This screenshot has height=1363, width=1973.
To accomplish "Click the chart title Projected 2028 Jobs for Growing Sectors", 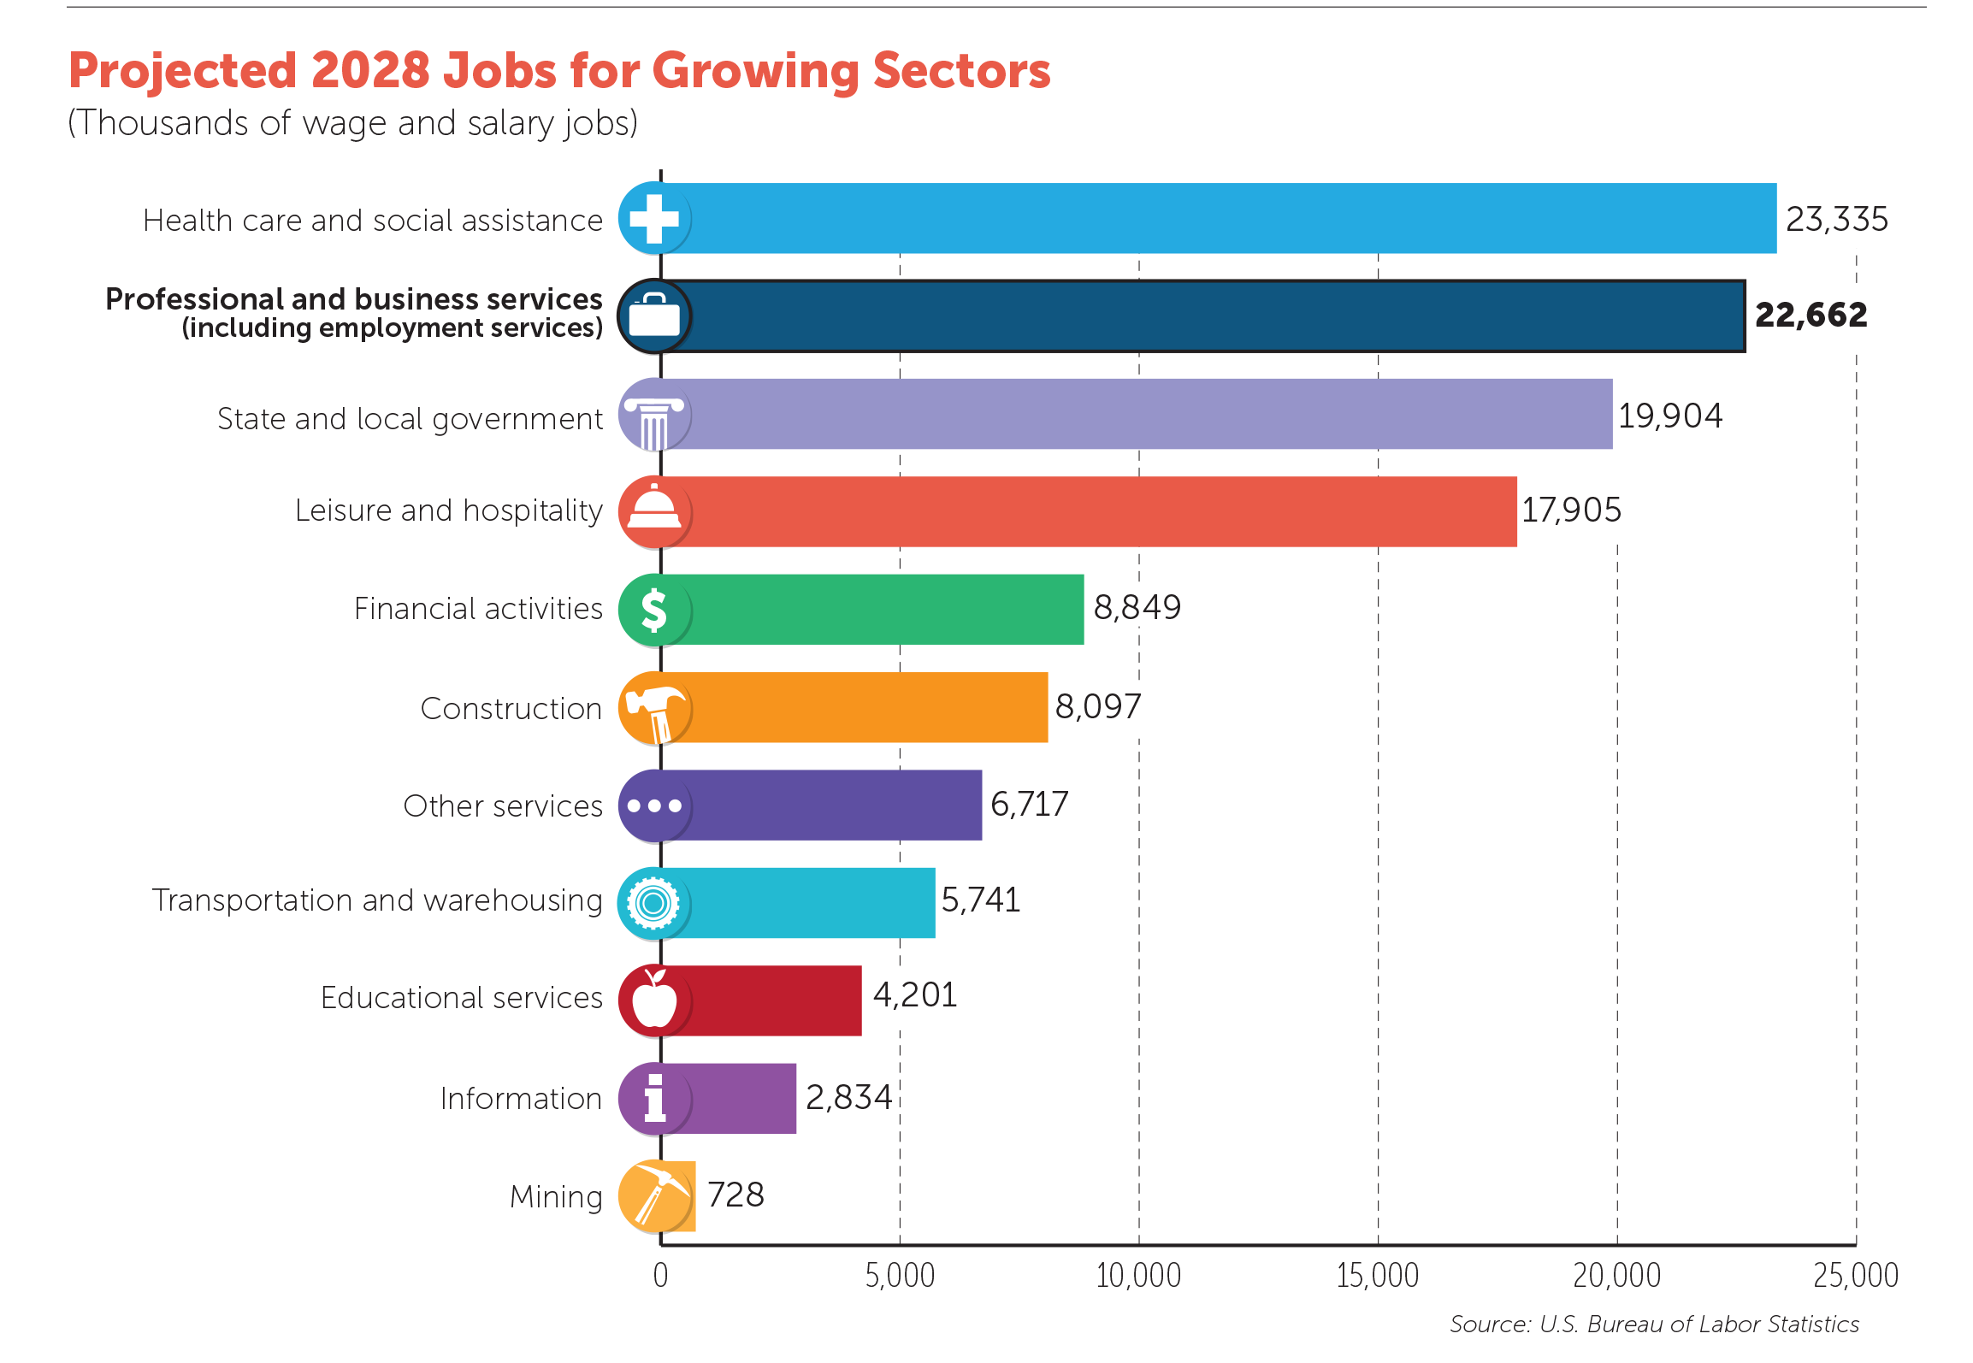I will tap(559, 70).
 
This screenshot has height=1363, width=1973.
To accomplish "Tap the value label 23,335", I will tap(1836, 220).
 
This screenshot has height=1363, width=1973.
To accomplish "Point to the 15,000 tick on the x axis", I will tap(1377, 1275).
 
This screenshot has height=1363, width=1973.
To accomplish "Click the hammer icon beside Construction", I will tap(654, 708).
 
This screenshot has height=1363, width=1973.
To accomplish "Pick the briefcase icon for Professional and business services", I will tap(654, 316).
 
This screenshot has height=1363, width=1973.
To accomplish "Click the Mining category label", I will tap(556, 1196).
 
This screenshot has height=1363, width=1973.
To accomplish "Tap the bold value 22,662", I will tap(1811, 315).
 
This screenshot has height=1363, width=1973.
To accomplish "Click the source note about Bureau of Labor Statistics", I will tap(1653, 1324).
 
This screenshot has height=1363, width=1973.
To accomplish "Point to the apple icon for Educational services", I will tap(654, 1000).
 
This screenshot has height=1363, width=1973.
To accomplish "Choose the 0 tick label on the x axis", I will tap(660, 1275).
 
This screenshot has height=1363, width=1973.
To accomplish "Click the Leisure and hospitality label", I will tap(448, 510).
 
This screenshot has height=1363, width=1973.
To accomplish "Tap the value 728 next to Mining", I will tap(735, 1195).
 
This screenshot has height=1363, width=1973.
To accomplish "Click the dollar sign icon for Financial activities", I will tap(654, 610).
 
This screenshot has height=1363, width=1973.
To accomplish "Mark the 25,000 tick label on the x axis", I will tap(1855, 1275).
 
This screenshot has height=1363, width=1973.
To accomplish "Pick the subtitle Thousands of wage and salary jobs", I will tap(352, 123).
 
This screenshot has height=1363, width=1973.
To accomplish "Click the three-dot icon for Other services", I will tap(654, 805).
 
